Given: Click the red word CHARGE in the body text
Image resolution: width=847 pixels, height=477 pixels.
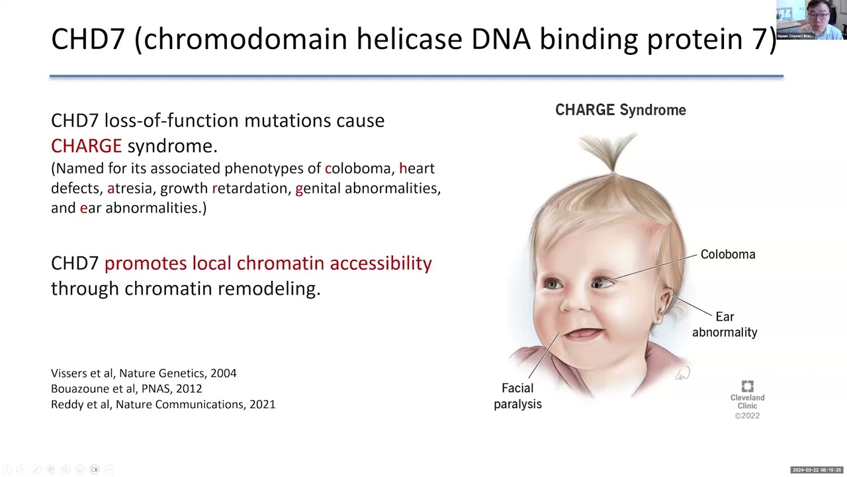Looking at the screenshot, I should [x=86, y=146].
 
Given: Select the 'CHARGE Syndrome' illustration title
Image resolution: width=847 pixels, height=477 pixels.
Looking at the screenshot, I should [x=620, y=110].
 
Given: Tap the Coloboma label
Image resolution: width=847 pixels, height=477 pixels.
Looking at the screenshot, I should [x=727, y=254].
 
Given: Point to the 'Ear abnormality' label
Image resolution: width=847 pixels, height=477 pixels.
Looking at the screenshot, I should [x=725, y=325].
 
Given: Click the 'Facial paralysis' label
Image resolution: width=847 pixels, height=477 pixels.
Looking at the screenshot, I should [x=517, y=396].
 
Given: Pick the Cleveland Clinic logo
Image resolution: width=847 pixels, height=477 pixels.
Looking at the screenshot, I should [x=747, y=387].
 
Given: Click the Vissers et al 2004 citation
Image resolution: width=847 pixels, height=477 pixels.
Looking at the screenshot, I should [x=144, y=373].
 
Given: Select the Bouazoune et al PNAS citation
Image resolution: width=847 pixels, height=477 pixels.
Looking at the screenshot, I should [x=126, y=388].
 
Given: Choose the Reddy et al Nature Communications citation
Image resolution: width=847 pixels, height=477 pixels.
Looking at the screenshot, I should [x=163, y=404].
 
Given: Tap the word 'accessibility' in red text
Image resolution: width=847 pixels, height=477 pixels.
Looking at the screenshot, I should [x=380, y=263].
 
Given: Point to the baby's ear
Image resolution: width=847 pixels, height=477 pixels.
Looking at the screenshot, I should [x=664, y=303].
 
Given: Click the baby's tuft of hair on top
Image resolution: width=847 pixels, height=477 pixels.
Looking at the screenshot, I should [x=612, y=151].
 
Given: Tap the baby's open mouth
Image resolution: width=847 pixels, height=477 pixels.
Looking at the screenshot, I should [x=583, y=333].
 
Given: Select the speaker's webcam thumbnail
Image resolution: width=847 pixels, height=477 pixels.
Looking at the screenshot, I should [x=811, y=20].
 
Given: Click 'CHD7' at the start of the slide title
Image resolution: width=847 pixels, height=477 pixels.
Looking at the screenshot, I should [x=87, y=39].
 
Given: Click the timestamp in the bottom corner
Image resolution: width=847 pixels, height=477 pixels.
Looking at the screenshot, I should [x=817, y=470].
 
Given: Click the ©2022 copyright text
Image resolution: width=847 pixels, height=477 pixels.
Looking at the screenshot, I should [x=747, y=416].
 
